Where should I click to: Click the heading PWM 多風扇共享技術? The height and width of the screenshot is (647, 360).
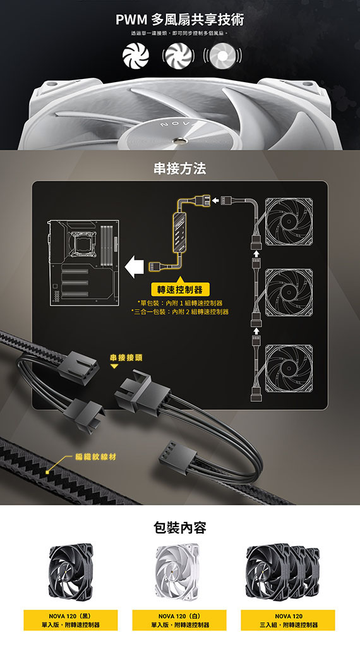(x=180, y=20)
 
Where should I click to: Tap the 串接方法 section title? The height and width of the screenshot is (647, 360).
(x=180, y=168)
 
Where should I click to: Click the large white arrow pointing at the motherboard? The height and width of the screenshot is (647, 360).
(x=134, y=266)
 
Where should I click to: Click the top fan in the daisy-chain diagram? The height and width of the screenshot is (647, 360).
(x=289, y=222)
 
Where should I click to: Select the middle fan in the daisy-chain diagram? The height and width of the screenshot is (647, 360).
(x=289, y=292)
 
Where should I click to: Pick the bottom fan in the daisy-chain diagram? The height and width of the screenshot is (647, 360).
(x=289, y=368)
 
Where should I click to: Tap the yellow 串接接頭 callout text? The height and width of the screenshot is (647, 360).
(x=126, y=358)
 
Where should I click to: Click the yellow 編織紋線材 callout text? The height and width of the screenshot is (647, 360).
(x=95, y=457)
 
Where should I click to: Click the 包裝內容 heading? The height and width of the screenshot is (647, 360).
(x=180, y=528)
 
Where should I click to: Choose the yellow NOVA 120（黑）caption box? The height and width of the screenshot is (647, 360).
(x=71, y=620)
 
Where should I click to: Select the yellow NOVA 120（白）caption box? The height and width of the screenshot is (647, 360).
(x=179, y=620)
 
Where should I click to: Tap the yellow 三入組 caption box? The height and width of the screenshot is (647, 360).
(x=288, y=620)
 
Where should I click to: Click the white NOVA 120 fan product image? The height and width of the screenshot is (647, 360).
(x=177, y=571)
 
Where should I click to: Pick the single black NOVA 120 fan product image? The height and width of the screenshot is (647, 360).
(x=71, y=571)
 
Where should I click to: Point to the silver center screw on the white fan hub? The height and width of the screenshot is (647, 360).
(x=181, y=141)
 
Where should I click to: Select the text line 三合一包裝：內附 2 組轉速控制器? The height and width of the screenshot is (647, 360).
(x=180, y=311)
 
